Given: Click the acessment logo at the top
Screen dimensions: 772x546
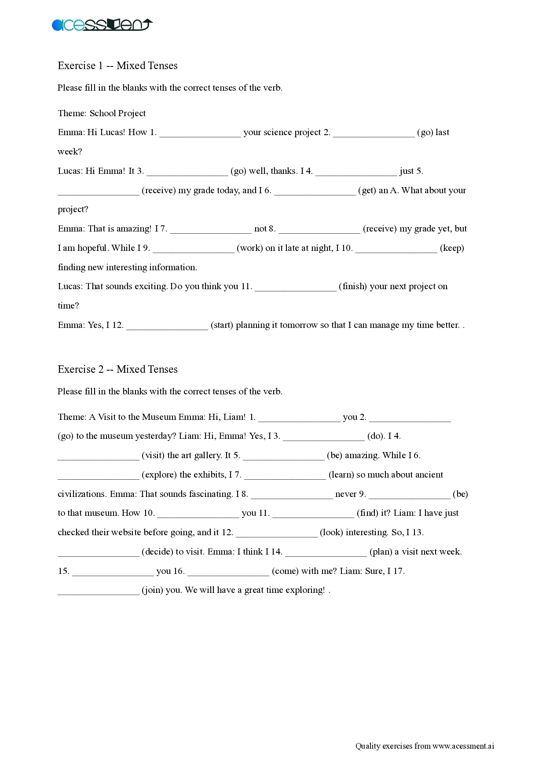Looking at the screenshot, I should tap(102, 25).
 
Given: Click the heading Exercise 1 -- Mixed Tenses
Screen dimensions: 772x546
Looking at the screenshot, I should tap(117, 66).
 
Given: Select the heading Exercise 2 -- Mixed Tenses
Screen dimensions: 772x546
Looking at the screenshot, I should tap(117, 369).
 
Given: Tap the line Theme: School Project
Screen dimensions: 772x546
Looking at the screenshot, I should tap(102, 113).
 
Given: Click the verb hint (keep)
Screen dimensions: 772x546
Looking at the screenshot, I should tap(452, 248).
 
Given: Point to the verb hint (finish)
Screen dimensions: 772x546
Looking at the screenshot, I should tap(353, 287).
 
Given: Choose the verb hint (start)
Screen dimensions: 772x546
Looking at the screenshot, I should tap(222, 325).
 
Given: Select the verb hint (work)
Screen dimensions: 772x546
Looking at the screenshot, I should tap(250, 248).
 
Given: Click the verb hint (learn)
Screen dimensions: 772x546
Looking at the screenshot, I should tap(341, 474).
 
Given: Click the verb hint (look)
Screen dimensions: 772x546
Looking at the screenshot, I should tap(331, 532).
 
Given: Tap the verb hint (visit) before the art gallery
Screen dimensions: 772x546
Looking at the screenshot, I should tap(153, 455).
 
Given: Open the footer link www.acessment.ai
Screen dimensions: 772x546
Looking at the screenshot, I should tap(463, 746).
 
